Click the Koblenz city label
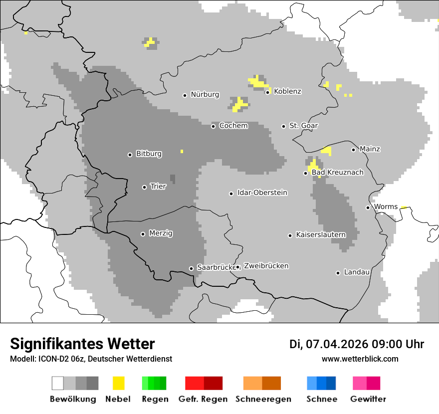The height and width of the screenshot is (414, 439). pos(287,91)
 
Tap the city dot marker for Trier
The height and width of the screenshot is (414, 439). pos(144,187)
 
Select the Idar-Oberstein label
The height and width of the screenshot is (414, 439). pos(262,193)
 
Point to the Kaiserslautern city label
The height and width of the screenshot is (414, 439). pos(320,234)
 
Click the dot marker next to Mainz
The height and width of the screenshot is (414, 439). pos(353,149)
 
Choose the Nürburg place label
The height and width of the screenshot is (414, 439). pos(205,94)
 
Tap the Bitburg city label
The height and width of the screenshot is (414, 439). pos(149,154)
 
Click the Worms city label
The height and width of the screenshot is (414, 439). pos(386,207)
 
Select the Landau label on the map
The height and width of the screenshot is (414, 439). pos(357,272)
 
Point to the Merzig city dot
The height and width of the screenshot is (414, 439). pos(143,234)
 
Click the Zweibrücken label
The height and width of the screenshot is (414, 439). pos(266,266)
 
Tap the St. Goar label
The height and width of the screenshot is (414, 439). pos(303,126)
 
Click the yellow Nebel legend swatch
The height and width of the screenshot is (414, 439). pos(118,383)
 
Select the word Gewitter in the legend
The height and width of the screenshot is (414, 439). pos(368,399)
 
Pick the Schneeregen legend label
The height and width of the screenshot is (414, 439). pos(263,399)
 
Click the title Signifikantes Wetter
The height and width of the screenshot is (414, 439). pos(82,344)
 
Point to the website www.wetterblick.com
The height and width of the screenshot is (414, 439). pos(360,359)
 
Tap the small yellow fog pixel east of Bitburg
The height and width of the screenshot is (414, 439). pos(182,151)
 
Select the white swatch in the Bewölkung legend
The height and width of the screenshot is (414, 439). pos(57,383)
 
